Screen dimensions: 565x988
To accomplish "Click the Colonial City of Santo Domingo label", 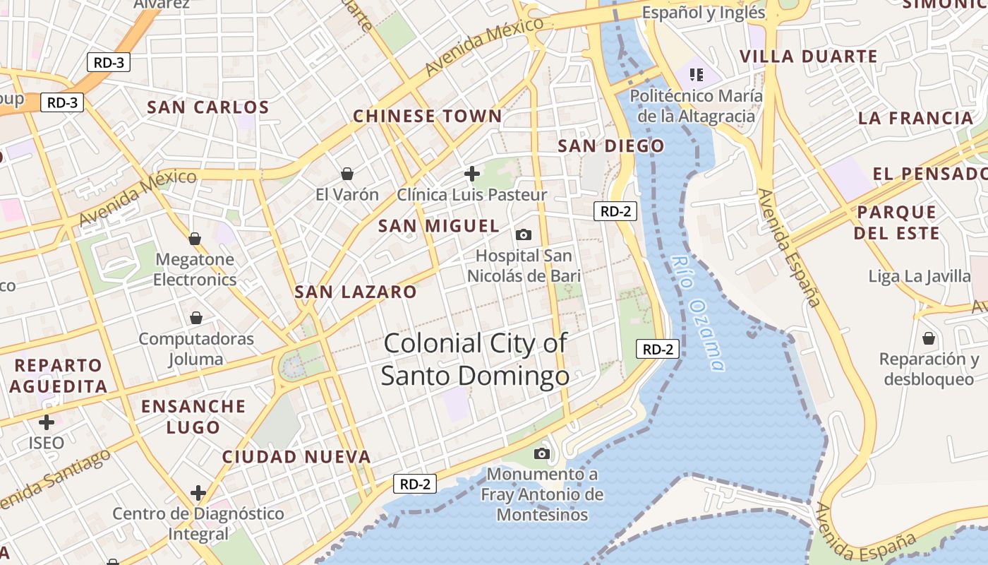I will tap(475, 359).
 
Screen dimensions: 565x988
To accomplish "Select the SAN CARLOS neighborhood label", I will tap(208, 107).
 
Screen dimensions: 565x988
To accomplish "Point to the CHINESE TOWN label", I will tap(427, 116).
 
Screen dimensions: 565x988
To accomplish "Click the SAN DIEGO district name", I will tap(611, 146).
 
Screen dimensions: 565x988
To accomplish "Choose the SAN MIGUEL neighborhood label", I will tap(438, 226).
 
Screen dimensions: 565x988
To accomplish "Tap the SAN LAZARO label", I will tap(356, 292).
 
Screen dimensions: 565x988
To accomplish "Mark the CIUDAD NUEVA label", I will tap(296, 457).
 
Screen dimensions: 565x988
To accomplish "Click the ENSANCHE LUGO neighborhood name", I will tap(193, 417).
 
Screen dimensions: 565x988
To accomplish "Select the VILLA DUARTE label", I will tap(808, 56).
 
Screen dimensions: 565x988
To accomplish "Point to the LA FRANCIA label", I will tap(915, 118).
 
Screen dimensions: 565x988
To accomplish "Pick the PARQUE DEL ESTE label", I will tap(897, 222).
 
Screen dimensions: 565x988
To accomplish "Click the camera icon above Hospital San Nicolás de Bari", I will tap(524, 234).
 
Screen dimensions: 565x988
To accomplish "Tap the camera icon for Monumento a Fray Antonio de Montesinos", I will tap(542, 453).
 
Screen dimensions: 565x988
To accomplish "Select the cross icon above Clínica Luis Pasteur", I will tap(472, 173).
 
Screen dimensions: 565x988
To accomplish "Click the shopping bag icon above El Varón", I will tap(347, 173).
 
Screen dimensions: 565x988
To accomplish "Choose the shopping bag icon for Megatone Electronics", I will tap(195, 239).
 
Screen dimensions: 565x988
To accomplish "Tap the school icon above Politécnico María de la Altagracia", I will tap(697, 74).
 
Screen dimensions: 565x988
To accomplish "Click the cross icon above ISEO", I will tap(47, 423).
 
